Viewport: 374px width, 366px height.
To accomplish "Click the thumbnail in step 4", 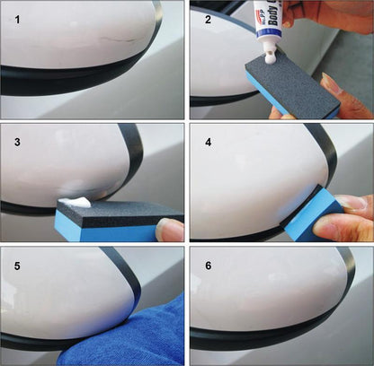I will [x=355, y=203].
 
